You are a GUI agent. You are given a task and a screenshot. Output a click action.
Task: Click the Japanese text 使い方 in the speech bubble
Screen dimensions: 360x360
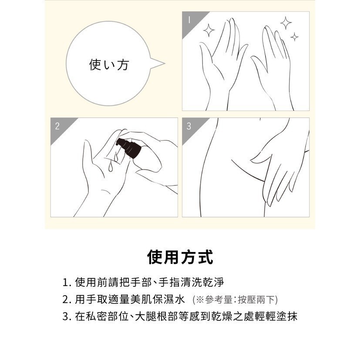(x=109, y=64)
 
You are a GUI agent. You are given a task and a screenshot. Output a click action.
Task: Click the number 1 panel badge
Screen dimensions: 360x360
(x=189, y=20)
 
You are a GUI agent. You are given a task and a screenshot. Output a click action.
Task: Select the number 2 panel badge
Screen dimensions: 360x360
(x=57, y=126)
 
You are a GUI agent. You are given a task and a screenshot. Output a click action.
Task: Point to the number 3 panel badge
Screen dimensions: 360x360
(x=189, y=126)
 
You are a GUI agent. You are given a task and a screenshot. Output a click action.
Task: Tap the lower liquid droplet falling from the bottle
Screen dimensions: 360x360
(x=111, y=167)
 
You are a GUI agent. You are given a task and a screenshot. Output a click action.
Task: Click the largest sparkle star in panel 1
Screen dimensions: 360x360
(x=286, y=23)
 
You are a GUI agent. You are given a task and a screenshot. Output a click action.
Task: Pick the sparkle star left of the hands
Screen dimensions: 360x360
(x=209, y=30)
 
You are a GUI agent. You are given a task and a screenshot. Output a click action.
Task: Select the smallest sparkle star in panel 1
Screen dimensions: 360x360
(x=294, y=37)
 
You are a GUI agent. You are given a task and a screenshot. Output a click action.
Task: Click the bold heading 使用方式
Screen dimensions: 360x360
(x=180, y=257)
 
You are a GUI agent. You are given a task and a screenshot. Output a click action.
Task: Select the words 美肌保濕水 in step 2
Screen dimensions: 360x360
(x=158, y=299)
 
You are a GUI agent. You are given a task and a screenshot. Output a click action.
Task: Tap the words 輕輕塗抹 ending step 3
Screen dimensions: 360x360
(x=276, y=316)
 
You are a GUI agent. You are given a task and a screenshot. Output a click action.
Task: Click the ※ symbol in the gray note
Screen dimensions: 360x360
(x=200, y=300)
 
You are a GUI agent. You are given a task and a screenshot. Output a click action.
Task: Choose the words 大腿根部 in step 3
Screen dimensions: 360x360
(x=156, y=316)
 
